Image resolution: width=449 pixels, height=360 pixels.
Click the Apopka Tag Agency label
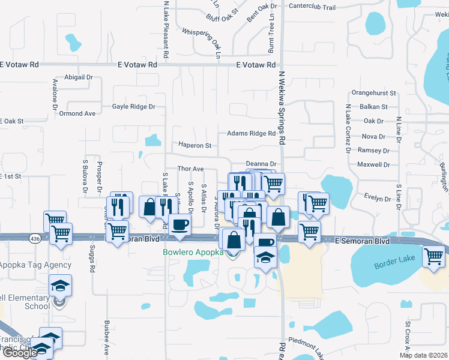(x=35, y=265)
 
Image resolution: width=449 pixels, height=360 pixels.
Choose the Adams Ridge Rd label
(x=251, y=134)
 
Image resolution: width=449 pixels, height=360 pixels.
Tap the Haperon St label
(x=194, y=145)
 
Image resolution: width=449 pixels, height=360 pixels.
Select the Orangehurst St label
(x=374, y=93)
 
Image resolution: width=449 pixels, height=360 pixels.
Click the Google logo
(x=19, y=353)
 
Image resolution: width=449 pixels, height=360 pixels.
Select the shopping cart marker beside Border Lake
(x=433, y=256)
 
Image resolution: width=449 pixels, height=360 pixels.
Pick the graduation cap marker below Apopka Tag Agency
(x=60, y=286)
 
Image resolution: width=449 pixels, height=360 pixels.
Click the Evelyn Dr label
(x=378, y=198)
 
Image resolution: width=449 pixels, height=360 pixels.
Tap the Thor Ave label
(x=190, y=169)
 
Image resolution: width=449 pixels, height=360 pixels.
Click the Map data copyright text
(x=423, y=355)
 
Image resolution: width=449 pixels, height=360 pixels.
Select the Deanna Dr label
(x=261, y=164)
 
